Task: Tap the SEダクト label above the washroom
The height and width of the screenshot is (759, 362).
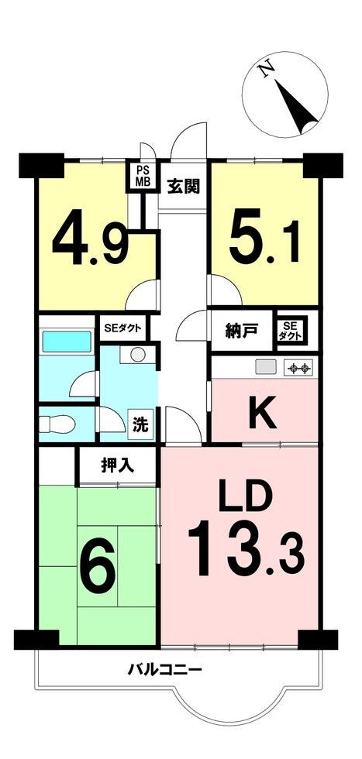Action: point(123,328)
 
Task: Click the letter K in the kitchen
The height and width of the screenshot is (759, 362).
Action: point(263,412)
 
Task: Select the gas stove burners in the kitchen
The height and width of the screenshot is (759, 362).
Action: point(298,369)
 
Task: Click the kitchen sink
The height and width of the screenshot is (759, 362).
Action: point(266,367)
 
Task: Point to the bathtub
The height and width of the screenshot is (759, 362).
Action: point(67,342)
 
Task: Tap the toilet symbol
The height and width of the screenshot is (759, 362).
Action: point(57,424)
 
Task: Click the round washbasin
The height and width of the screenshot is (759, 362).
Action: point(138,355)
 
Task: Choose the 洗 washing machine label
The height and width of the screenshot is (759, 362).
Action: point(140,425)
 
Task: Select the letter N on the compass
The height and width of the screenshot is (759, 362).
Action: point(267,71)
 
